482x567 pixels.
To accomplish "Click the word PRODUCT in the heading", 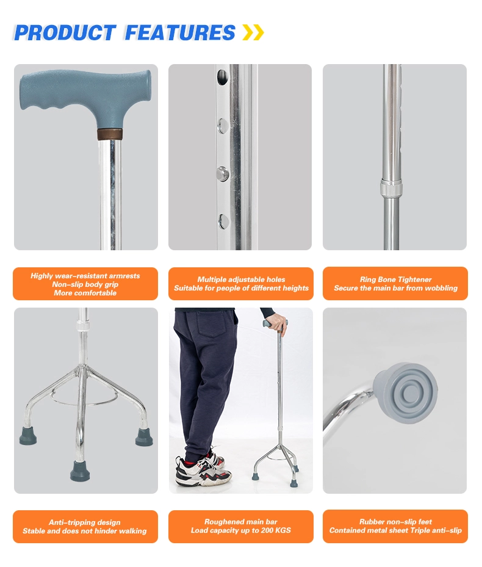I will (64, 32).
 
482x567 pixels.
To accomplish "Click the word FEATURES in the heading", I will (179, 32).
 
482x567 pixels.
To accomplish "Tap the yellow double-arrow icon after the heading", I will (253, 32).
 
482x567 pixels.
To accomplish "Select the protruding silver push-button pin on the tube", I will (224, 173).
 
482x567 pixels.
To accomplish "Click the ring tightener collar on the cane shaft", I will (390, 188).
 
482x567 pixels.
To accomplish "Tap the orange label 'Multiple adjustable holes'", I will (241, 280).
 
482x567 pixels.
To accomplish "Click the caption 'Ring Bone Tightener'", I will (395, 280).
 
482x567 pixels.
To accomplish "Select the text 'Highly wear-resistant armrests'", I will (85, 276).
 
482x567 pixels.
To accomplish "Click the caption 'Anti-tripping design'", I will (85, 522).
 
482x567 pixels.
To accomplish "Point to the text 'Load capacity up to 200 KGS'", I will (241, 530).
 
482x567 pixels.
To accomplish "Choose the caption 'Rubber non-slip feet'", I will (395, 522).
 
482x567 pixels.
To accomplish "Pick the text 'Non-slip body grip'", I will (85, 284).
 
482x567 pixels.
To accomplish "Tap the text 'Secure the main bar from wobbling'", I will (395, 288).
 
